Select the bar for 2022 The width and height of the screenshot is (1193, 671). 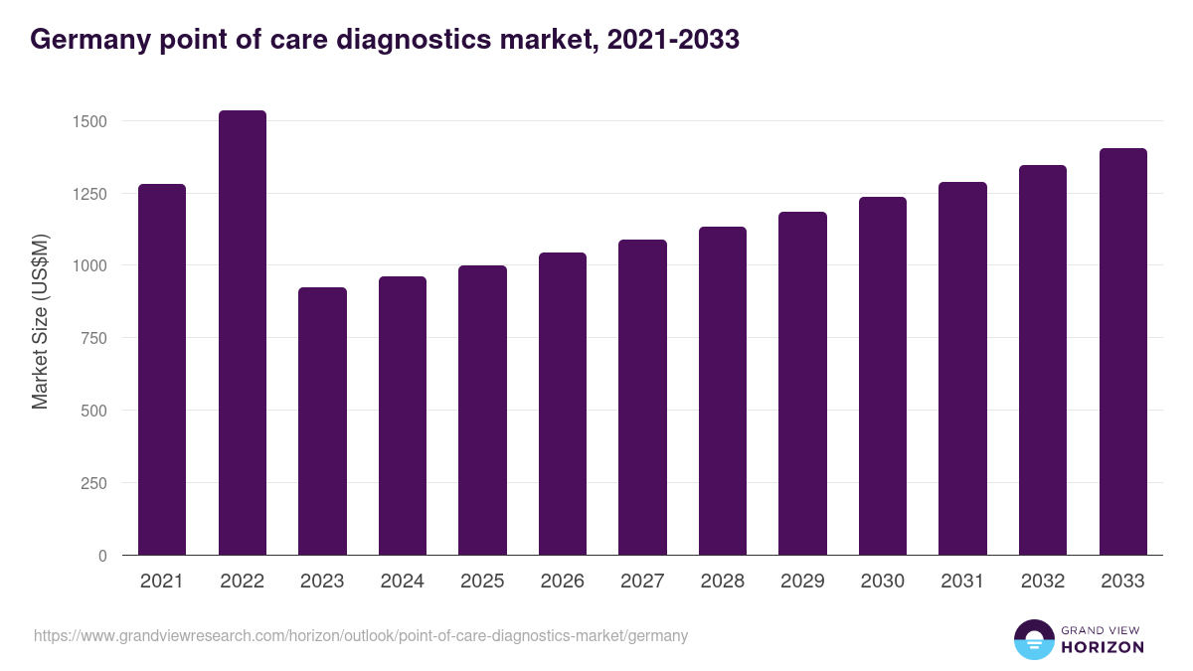coord(243,333)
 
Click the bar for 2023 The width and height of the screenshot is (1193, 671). coord(322,421)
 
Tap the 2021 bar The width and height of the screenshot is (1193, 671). coord(162,370)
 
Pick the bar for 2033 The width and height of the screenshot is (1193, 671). coord(1123,352)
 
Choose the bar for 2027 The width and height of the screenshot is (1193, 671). coord(642,398)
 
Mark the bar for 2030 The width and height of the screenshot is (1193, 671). coord(883,376)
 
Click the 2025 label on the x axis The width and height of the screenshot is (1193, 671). coord(482,582)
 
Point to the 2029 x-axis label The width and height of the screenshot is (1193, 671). coord(802,582)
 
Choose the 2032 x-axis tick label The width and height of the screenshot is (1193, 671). coord(1043,582)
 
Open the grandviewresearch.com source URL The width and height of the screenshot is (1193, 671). coord(361,635)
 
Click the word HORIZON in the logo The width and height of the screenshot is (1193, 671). coord(1104,647)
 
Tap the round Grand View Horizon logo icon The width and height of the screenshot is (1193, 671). coord(1033,640)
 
